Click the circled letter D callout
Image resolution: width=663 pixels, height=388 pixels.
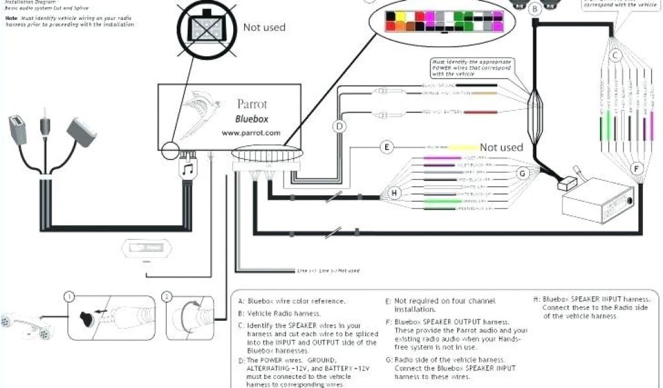pos(338,126)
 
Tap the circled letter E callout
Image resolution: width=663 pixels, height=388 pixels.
pos(387,147)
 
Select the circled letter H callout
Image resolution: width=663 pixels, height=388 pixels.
pos(396,193)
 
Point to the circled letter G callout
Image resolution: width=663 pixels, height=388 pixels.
pos(523,173)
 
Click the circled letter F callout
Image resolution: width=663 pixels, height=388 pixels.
pos(636,169)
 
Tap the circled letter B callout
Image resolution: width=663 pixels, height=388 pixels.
pos(535,9)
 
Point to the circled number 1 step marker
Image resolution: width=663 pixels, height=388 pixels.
pos(67,297)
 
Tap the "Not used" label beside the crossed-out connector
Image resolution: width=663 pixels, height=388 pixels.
pos(264,27)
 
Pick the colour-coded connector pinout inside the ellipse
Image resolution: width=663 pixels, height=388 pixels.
pos(437,21)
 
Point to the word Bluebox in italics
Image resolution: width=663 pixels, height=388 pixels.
pos(251,119)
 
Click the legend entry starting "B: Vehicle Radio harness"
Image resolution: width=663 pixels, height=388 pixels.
pos(279,313)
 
